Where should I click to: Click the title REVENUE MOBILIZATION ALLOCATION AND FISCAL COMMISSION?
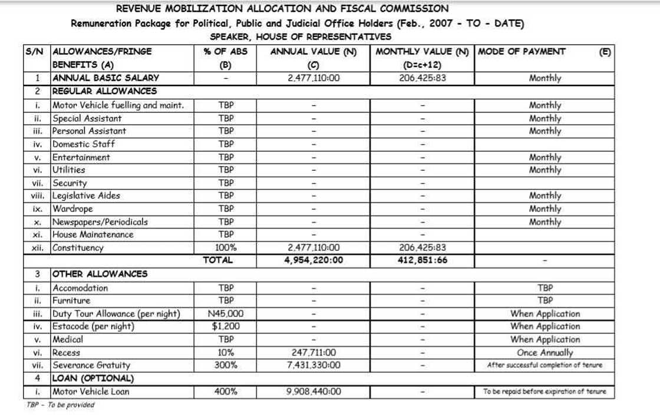tap(282, 9)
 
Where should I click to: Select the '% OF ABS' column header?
tap(226, 51)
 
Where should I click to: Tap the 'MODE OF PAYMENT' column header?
tap(522, 51)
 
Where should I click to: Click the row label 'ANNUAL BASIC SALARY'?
tap(105, 78)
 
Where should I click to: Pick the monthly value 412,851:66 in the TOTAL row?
tap(422, 260)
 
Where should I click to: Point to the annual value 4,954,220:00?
tap(313, 260)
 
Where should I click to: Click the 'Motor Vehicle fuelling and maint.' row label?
tap(118, 105)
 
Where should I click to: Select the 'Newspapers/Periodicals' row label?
tap(100, 222)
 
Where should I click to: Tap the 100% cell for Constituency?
tap(226, 248)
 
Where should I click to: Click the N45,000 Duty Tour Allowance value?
tap(226, 314)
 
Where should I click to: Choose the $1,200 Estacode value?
tap(226, 326)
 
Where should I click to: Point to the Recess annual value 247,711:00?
tap(313, 353)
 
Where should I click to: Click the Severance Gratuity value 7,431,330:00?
tap(313, 365)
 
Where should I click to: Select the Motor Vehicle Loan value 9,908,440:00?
tap(313, 392)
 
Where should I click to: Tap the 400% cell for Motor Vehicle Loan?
tap(226, 392)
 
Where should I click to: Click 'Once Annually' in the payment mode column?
tap(544, 353)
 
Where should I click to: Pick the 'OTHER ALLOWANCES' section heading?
tap(100, 274)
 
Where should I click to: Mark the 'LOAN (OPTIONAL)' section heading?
tap(93, 378)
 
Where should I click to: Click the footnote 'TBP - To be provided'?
tap(60, 405)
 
